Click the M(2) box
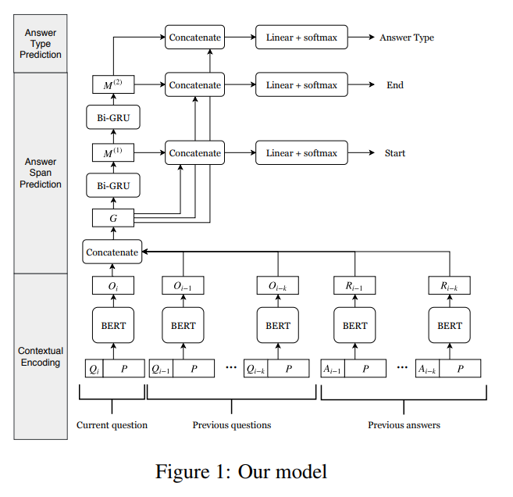(x=113, y=84)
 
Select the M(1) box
(x=113, y=153)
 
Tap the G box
(x=113, y=217)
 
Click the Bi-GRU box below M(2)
(x=113, y=119)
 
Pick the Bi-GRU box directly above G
(x=113, y=186)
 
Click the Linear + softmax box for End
(x=301, y=84)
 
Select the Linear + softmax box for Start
(x=301, y=153)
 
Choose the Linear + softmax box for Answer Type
(x=301, y=37)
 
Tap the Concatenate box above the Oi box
(x=112, y=252)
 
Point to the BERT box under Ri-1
(x=355, y=325)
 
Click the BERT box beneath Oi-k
(x=278, y=325)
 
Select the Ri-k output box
(x=450, y=286)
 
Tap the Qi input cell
(x=94, y=368)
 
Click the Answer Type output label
(x=406, y=38)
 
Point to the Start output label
(x=394, y=153)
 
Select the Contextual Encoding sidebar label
(x=41, y=356)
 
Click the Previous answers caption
(x=404, y=425)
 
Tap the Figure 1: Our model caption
(x=240, y=471)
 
